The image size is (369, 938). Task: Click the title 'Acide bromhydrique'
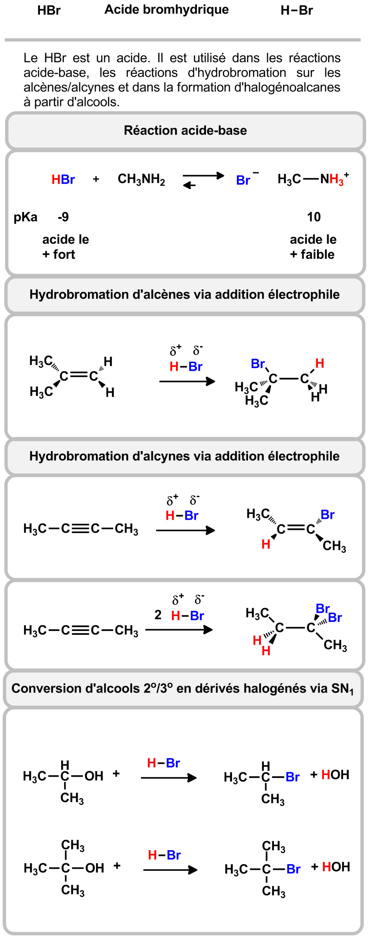(166, 10)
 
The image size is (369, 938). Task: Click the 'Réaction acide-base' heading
(185, 131)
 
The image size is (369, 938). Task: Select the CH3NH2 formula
(141, 179)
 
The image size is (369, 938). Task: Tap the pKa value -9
(63, 217)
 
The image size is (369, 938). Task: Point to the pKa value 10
(314, 217)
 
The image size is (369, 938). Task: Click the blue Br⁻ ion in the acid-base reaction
(244, 180)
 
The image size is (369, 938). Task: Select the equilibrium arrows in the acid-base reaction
(203, 180)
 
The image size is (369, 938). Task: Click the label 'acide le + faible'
(313, 247)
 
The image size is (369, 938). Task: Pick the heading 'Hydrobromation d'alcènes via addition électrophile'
(184, 294)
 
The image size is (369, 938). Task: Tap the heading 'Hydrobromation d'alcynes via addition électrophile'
(184, 456)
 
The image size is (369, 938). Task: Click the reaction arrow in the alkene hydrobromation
(187, 381)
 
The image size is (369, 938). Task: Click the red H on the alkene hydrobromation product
(319, 363)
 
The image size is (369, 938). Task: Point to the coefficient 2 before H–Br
(158, 615)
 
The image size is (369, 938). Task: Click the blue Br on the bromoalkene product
(327, 515)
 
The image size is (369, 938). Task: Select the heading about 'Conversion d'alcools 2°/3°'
(182, 688)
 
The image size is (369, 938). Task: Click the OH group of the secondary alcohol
(94, 776)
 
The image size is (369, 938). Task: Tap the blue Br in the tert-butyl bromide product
(293, 869)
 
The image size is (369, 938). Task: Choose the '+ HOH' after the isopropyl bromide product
(330, 775)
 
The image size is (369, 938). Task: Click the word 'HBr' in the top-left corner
(49, 11)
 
